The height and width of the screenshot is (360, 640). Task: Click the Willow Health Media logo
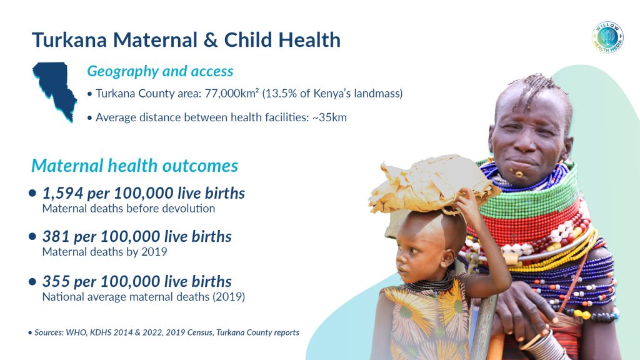[607, 37]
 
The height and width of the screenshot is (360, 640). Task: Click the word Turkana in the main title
[69, 40]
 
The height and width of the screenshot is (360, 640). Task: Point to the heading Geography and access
[160, 71]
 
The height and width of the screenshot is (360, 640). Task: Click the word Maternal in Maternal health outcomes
[67, 166]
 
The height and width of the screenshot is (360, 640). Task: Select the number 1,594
[63, 193]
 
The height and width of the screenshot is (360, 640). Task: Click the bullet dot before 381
[32, 236]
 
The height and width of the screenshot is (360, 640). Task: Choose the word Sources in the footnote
[49, 332]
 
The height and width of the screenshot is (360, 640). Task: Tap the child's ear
[447, 257]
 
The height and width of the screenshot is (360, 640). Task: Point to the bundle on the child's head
[432, 184]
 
